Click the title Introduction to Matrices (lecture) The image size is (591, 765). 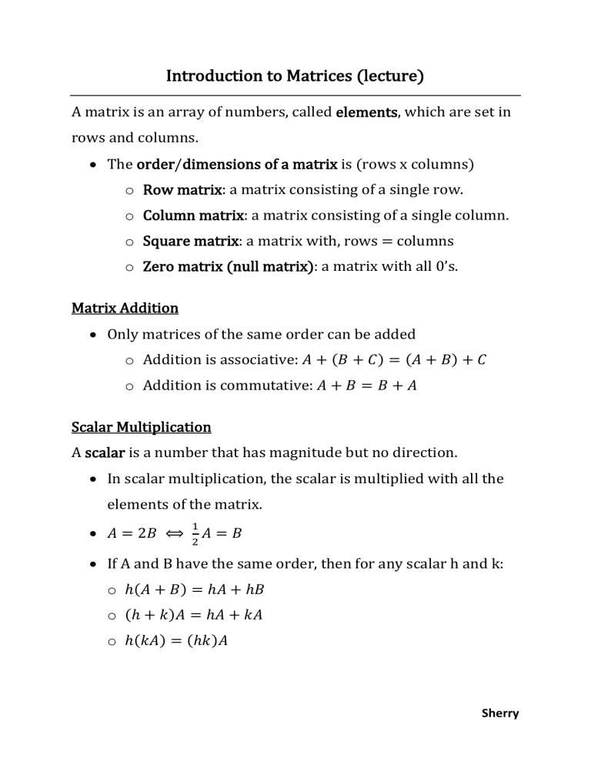point(295,76)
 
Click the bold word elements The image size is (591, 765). point(366,112)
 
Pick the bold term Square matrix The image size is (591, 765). point(190,241)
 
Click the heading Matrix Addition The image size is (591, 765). point(125,309)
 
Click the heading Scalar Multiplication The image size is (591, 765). point(141,426)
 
